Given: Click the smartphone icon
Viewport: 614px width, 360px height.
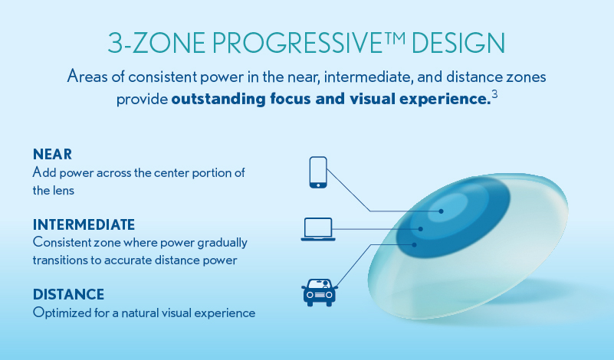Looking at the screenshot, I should [x=317, y=172].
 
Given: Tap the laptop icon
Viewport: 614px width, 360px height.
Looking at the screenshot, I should [x=317, y=229].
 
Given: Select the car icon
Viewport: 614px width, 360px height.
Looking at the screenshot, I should [x=318, y=291].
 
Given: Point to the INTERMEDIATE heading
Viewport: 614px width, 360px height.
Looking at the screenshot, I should [x=84, y=224].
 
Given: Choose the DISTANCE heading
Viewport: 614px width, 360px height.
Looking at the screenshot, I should [x=68, y=294].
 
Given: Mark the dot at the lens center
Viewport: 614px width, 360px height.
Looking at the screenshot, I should [x=442, y=211].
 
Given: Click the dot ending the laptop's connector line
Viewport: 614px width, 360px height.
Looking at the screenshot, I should [x=421, y=228].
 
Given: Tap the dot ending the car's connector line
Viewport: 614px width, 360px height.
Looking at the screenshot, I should [x=415, y=244].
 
